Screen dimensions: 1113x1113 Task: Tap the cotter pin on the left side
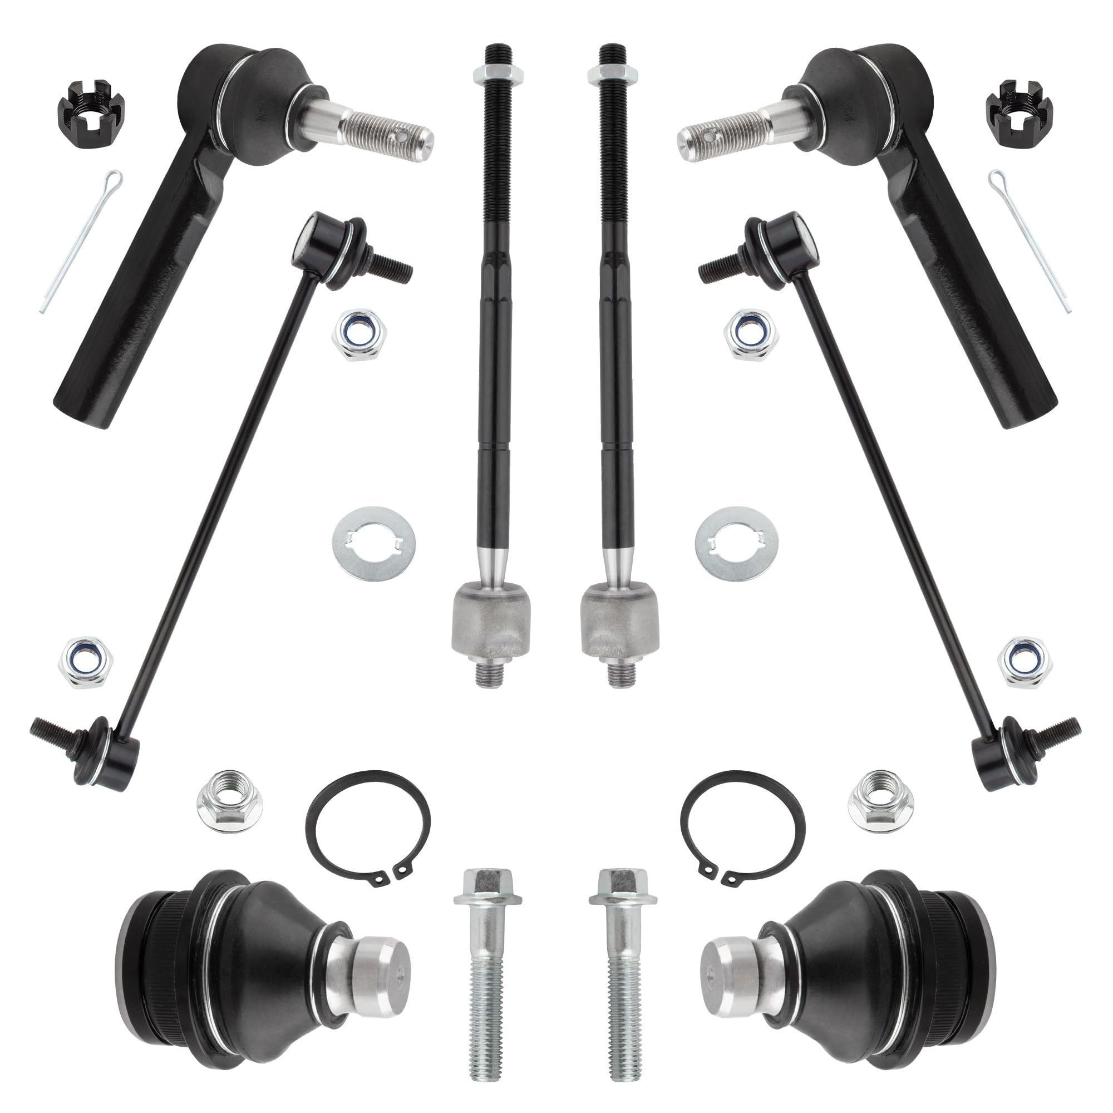coord(81,242)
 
